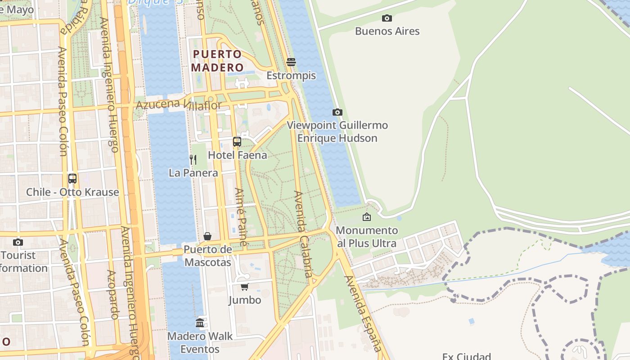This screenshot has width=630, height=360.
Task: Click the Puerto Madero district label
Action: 218,61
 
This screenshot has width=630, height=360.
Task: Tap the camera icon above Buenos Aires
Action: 387,18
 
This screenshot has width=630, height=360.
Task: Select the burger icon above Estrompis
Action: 291,62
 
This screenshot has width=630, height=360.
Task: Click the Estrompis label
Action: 291,76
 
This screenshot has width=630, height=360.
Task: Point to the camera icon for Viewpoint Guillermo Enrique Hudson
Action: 337,112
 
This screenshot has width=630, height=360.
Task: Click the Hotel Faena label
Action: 237,155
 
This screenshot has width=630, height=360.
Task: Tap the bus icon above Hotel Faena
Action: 237,142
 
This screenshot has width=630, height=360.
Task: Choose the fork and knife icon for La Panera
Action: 193,160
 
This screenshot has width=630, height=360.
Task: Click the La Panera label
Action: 193,173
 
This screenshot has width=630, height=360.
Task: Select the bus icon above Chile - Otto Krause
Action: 72,179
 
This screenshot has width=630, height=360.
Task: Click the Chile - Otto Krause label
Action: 72,192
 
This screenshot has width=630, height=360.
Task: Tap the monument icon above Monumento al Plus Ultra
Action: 367,217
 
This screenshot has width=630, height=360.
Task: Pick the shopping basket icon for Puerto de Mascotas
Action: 207,236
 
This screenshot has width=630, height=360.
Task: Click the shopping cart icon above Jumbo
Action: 244,287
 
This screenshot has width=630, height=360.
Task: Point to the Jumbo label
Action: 244,300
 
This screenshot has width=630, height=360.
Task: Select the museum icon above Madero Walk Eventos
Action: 200,323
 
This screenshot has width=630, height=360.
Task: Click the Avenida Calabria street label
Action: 302,234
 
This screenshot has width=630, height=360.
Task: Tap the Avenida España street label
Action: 363,314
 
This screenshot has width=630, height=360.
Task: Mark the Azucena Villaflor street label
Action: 179,105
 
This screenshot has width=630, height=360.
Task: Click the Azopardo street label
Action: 112,295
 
